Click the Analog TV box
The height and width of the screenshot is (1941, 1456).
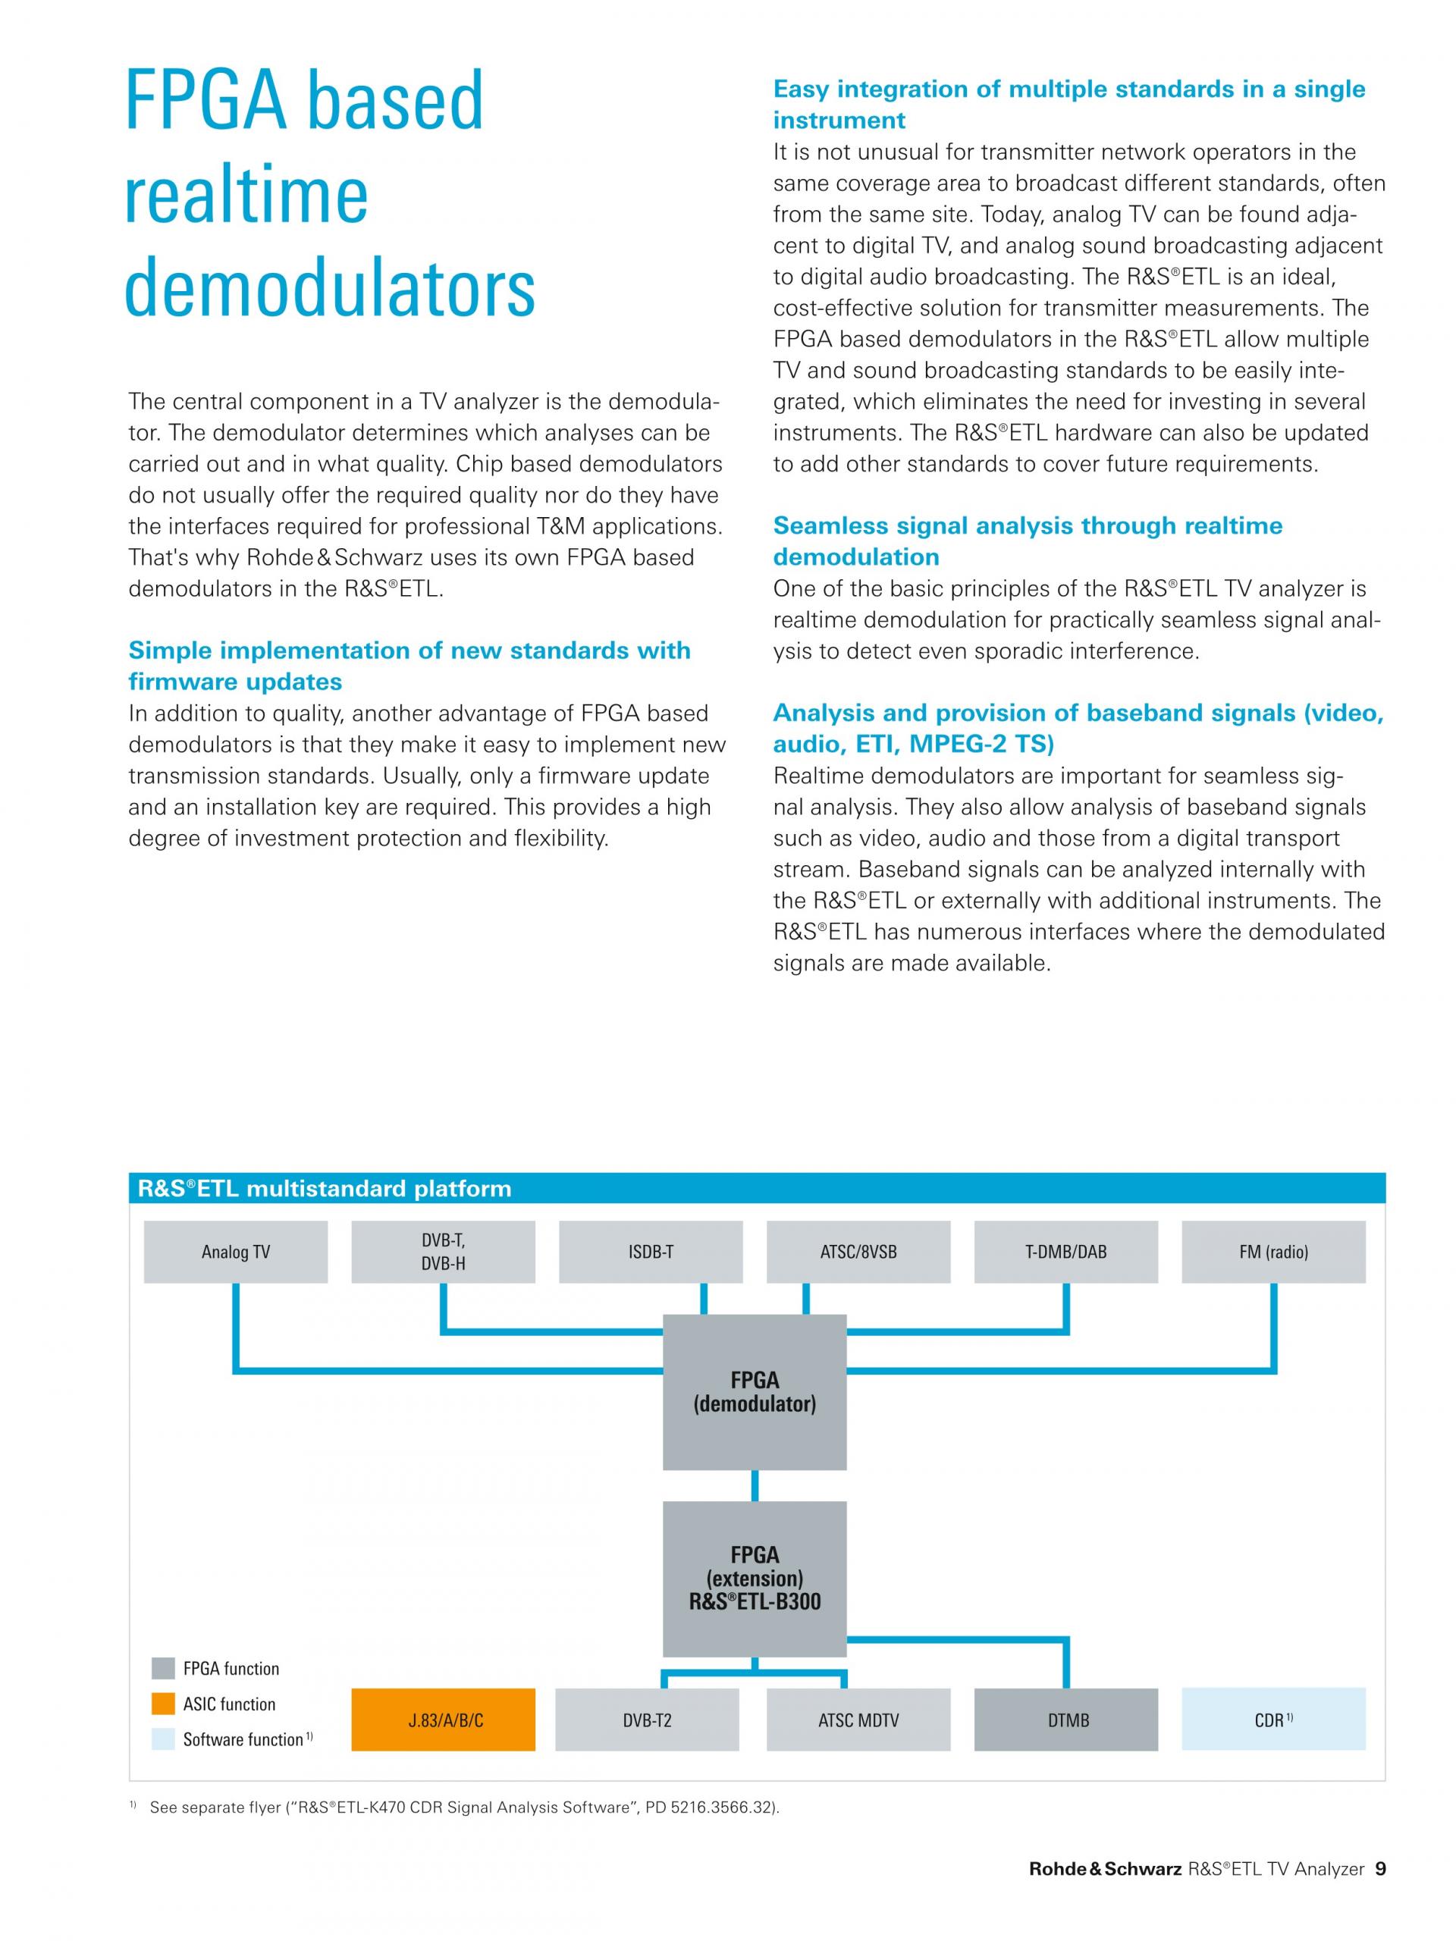235,1253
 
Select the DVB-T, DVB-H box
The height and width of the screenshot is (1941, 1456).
443,1253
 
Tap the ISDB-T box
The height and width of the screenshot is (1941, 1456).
651,1253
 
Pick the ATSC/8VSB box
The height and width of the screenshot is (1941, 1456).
858,1253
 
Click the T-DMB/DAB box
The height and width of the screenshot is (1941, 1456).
1065,1253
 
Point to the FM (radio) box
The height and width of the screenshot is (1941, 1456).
1273,1253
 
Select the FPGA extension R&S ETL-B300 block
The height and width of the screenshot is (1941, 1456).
754,1579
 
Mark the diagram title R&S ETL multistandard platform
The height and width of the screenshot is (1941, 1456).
325,1189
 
